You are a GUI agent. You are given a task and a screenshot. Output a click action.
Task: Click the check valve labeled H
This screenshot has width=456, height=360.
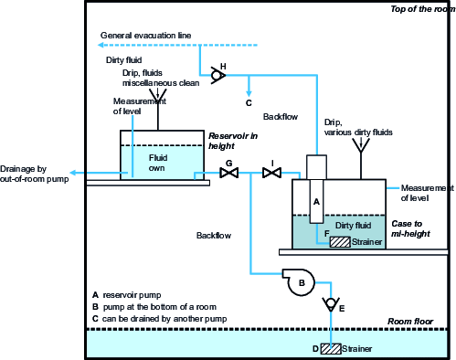pyautogui.click(x=218, y=75)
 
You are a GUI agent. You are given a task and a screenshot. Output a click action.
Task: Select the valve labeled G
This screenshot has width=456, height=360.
pyautogui.click(x=229, y=173)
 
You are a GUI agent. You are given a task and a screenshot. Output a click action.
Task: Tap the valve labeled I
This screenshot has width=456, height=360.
pyautogui.click(x=271, y=173)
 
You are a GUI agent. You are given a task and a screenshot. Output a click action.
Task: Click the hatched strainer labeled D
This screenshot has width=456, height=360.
pyautogui.click(x=328, y=349)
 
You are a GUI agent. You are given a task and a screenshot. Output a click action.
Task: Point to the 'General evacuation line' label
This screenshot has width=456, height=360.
pyautogui.click(x=145, y=35)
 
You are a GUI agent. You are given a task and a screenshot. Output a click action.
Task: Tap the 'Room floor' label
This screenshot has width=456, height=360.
pyautogui.click(x=410, y=322)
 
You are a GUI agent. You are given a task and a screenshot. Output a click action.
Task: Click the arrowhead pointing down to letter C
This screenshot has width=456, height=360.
pyautogui.click(x=249, y=91)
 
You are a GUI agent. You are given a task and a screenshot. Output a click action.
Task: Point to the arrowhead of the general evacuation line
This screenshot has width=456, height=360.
pyautogui.click(x=103, y=44)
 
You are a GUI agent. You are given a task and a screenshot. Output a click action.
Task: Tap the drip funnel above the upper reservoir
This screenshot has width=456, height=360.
pyautogui.click(x=161, y=92)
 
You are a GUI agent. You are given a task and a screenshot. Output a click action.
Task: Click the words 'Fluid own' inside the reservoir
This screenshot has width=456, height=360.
pyautogui.click(x=159, y=163)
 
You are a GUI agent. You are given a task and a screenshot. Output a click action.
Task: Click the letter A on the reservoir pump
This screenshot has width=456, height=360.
pyautogui.click(x=316, y=200)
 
